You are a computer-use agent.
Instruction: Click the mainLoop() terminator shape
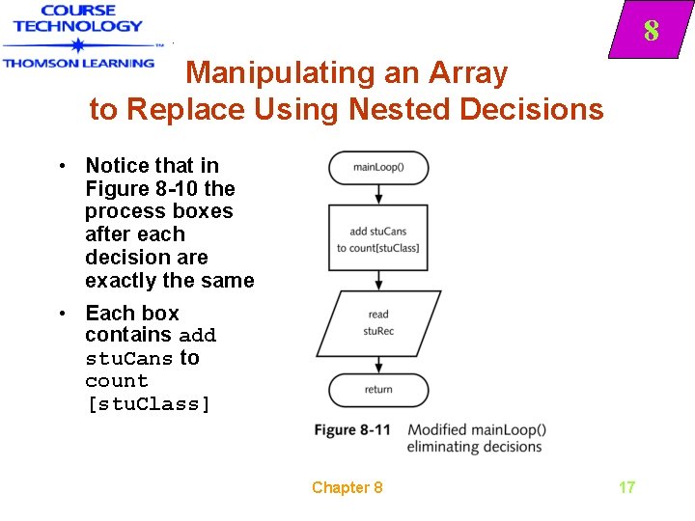[378, 167]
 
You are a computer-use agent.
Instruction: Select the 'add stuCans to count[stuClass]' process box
[378, 238]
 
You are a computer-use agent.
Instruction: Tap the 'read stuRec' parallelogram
[378, 322]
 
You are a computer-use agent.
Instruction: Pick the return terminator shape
[378, 389]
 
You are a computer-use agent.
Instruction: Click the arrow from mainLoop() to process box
[378, 193]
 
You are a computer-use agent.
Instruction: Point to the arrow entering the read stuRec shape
[378, 280]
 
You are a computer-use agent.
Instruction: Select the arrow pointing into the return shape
[378, 364]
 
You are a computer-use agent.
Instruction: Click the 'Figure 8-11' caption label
[352, 429]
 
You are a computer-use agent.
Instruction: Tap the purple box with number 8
[650, 32]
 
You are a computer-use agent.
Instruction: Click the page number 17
[626, 487]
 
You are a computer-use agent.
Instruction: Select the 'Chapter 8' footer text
[347, 487]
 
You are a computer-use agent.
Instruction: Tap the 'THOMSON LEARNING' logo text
[78, 63]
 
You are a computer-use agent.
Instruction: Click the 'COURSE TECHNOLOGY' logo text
[78, 19]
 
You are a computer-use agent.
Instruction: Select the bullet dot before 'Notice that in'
[61, 166]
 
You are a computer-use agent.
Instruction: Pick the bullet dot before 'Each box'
[61, 314]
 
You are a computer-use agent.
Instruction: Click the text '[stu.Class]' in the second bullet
[148, 403]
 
